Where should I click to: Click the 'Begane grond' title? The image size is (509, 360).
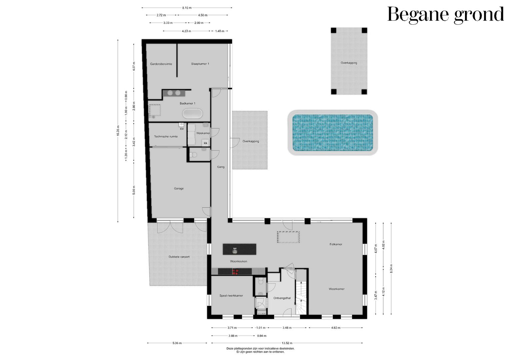(x=445, y=15)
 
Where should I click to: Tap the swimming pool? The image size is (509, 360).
(x=332, y=132)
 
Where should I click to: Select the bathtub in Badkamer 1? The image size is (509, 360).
(x=192, y=114)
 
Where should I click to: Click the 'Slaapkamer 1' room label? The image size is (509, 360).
(x=200, y=64)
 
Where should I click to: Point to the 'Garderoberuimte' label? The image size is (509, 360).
(x=161, y=64)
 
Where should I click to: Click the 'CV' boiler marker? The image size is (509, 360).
(x=182, y=129)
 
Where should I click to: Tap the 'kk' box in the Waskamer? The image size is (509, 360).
(x=205, y=143)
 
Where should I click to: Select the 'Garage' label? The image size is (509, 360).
(x=179, y=188)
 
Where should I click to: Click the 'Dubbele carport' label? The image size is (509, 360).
(x=179, y=257)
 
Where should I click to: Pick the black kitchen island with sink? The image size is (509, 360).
(x=239, y=249)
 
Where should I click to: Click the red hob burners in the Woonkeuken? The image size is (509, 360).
(x=235, y=272)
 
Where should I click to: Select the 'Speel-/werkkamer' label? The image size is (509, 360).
(x=231, y=296)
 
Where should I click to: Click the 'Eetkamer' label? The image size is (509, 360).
(x=336, y=244)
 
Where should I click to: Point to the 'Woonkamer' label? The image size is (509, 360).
(x=336, y=289)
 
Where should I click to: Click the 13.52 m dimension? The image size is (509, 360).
(x=287, y=343)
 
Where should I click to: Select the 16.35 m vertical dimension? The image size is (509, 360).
(x=118, y=131)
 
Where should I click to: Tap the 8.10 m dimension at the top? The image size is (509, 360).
(x=187, y=7)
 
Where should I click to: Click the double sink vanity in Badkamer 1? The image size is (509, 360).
(x=174, y=93)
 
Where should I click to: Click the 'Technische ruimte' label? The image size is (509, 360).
(x=166, y=136)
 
